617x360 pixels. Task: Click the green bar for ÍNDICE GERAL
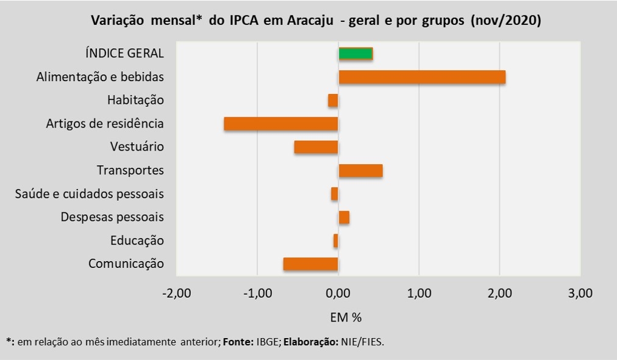[x=355, y=54]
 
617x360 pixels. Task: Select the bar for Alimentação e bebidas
[x=422, y=77]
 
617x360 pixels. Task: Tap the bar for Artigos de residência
[x=281, y=123]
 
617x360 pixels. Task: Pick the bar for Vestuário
[x=316, y=147]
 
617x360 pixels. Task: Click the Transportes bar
[x=360, y=170]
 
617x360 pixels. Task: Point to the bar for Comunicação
[x=310, y=264]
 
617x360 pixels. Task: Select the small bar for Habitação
[x=333, y=100]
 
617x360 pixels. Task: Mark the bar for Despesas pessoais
[x=344, y=217]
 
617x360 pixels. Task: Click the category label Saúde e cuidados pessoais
[x=89, y=194]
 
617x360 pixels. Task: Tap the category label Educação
[x=137, y=240]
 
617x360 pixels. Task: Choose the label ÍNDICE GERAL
[x=124, y=53]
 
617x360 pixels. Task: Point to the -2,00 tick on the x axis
[x=177, y=293]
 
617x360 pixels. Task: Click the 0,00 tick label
[x=338, y=293]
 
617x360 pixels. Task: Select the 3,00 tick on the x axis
[x=580, y=293]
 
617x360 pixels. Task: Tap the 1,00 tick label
[x=419, y=293]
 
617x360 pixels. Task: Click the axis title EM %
[x=346, y=317]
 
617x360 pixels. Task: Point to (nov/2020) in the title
[x=505, y=20]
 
